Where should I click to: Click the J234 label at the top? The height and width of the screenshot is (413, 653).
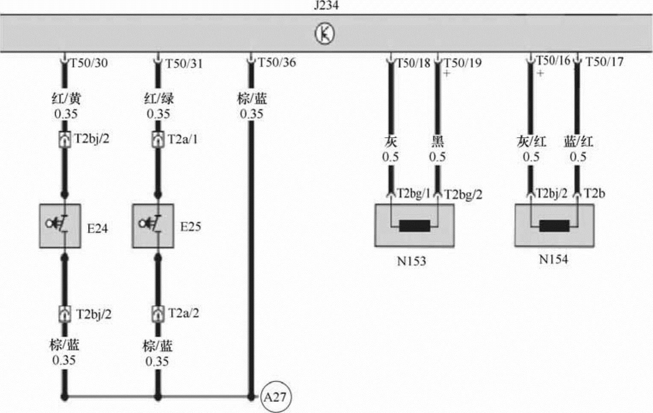326,6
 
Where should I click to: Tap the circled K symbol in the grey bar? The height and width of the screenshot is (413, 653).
325,34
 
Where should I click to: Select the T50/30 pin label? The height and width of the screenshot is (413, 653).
89,63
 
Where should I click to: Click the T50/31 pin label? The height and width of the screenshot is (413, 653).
184,64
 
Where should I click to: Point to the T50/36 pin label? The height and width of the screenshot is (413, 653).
277,62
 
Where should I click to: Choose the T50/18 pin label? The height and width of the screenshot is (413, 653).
413,63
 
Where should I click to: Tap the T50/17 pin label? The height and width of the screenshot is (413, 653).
604,62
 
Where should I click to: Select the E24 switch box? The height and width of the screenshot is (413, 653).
60,226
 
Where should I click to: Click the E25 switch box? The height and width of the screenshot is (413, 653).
153,226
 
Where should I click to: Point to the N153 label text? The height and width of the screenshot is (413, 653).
411,261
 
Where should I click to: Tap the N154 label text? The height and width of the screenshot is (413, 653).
553,259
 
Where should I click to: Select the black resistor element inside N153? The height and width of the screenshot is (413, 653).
414,226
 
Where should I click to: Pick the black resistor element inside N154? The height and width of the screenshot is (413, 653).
554,226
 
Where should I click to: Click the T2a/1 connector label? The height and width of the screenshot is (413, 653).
183,139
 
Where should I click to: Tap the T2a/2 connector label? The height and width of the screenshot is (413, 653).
183,313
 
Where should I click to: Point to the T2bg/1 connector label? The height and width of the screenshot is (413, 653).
414,193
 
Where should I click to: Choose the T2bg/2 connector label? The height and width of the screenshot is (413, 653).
463,195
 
